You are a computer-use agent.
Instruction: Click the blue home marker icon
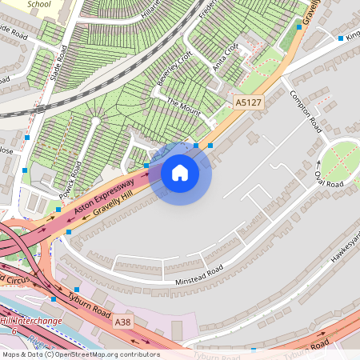point(180,172)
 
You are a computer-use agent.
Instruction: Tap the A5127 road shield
point(248,102)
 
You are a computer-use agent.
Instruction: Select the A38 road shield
point(123,322)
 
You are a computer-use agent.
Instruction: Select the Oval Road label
point(329,179)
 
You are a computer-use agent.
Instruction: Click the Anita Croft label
point(226,58)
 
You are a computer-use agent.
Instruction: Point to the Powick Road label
point(71,180)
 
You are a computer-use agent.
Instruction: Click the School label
point(38,4)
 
